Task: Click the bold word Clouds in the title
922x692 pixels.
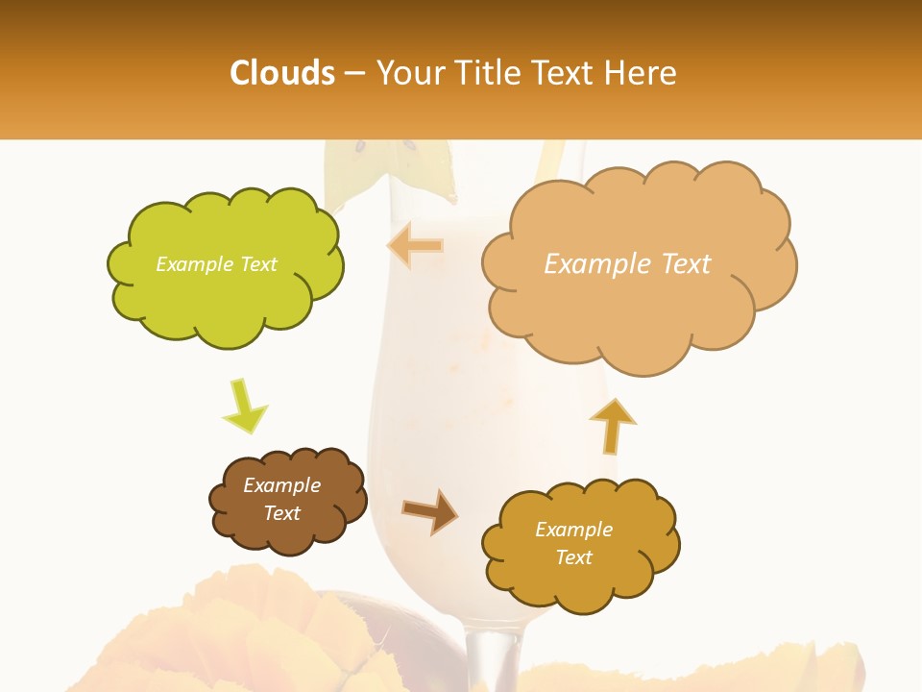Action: coord(282,73)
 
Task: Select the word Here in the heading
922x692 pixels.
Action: coord(639,73)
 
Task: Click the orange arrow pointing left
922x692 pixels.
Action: coord(415,246)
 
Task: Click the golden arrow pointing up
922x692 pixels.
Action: coord(613,425)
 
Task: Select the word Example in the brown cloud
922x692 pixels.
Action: coord(281,485)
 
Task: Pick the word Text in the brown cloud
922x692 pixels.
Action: coord(281,513)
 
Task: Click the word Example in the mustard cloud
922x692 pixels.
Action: coord(573,530)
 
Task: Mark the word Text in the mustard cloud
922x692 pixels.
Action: coord(573,557)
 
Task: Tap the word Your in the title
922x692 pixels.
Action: coord(413,73)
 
